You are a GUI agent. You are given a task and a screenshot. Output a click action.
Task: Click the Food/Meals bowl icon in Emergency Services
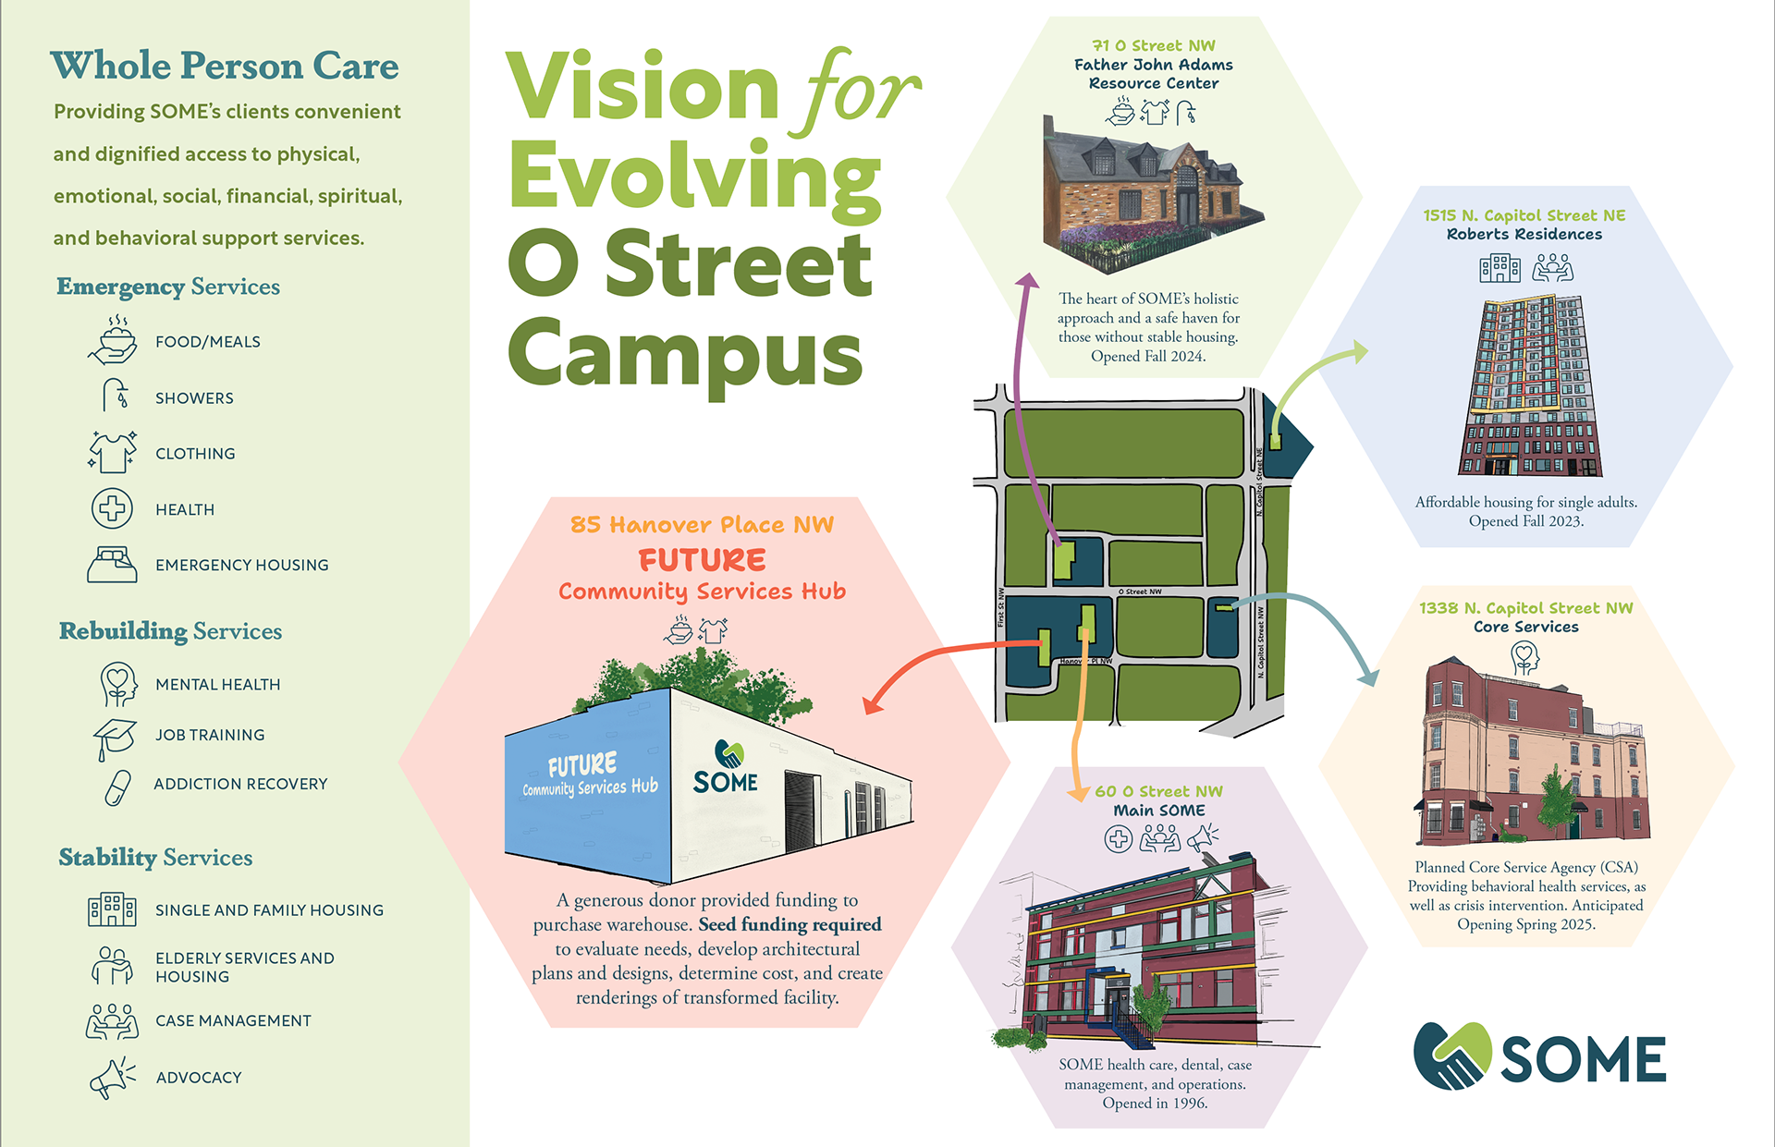(113, 340)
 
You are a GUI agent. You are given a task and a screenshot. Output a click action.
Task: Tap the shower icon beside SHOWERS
(116, 396)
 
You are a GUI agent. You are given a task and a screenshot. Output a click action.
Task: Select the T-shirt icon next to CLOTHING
(113, 452)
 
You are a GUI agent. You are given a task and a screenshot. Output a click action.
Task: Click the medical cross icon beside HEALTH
(112, 508)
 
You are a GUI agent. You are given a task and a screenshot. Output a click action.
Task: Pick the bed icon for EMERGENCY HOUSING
(112, 564)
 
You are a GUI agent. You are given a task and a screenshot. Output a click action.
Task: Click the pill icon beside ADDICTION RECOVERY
(117, 787)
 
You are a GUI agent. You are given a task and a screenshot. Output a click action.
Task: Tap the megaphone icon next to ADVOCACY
(112, 1078)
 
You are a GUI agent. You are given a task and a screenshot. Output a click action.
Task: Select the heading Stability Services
(155, 857)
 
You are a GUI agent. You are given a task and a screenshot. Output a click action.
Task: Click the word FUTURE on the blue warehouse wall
(581, 765)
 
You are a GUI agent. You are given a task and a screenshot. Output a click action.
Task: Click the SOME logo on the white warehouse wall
(726, 768)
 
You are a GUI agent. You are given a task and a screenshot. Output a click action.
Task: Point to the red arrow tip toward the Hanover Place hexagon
(869, 707)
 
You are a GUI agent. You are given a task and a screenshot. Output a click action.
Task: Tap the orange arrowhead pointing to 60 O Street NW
(1078, 794)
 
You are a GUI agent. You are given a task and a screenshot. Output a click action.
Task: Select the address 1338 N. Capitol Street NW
(1525, 608)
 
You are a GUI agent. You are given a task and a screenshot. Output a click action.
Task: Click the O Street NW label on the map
(1140, 592)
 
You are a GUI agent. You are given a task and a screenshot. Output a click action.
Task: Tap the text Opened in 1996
(1155, 1103)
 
